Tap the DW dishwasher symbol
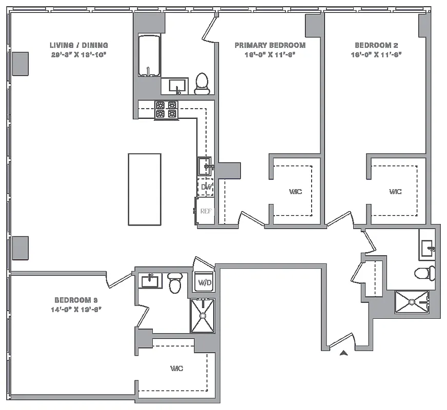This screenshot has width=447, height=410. coord(206,187)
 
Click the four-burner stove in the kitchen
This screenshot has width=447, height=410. coord(166,110)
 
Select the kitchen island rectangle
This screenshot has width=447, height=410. coord(144,189)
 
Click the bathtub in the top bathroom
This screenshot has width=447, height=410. coord(149,56)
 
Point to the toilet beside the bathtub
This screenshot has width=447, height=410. coord(202,84)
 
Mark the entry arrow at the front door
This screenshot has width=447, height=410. coord(344,352)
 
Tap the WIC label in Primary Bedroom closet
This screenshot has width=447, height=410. coord(295,192)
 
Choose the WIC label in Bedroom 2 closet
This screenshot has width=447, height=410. coord(395,192)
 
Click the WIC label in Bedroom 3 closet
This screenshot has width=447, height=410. coord(176,368)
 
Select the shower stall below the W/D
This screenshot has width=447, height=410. coord(202,316)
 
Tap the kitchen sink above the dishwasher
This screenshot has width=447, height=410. coord(206,166)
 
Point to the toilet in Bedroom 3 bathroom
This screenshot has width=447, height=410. coord(175,282)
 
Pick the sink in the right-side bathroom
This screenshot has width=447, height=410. coord(428,249)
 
